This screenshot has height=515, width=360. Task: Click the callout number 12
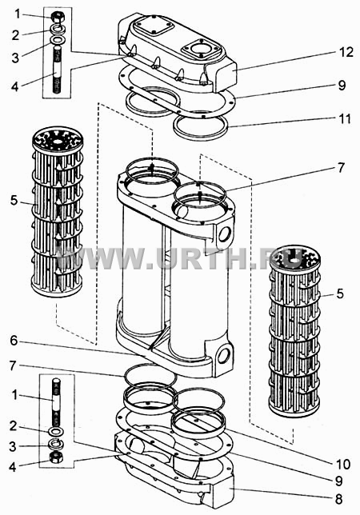[346, 52]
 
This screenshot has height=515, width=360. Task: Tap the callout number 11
[345, 119]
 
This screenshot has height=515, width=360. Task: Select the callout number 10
[343, 465]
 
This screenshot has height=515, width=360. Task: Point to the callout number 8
[339, 499]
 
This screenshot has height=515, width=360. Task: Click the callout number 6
[14, 341]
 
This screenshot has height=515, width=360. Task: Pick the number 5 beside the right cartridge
[340, 293]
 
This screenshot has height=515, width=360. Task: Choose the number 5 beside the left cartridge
[14, 200]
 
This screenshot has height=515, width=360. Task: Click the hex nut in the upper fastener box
[58, 17]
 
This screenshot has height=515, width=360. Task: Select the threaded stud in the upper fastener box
[58, 70]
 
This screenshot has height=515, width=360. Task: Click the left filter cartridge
[57, 212]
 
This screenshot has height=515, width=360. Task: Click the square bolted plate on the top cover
[154, 26]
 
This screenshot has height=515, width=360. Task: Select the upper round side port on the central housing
[225, 234]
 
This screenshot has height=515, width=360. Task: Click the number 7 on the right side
[342, 167]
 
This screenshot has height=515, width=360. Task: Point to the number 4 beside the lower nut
[13, 467]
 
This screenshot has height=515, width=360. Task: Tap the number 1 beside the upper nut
[17, 14]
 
